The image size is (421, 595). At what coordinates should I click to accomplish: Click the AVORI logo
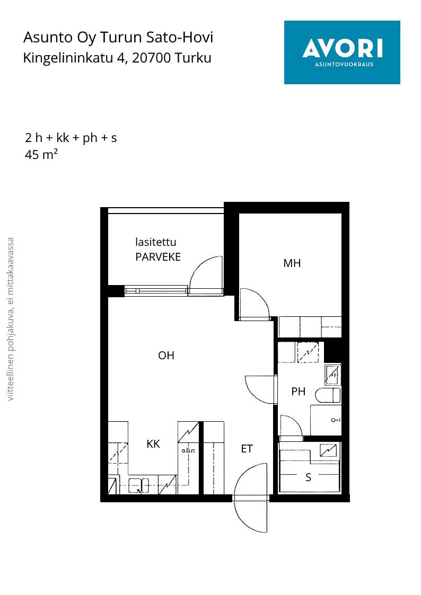pos(342,52)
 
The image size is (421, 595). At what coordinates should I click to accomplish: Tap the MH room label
pos(292,263)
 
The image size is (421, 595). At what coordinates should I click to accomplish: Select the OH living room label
pos(166,355)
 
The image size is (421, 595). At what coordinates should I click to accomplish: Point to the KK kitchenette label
pos(153,443)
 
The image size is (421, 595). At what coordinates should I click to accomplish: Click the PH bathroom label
pos(299,391)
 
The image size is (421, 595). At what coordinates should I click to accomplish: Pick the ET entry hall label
pos(247,449)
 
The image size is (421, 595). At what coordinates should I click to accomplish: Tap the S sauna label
pos(308,477)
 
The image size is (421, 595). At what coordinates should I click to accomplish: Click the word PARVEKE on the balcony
pos(158,257)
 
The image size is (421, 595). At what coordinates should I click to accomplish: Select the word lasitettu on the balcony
pos(156,242)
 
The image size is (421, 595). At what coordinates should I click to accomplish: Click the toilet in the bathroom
pos(328,395)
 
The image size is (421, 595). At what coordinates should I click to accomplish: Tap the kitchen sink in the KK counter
pos(138,485)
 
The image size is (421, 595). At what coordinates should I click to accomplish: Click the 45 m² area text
pos(41,154)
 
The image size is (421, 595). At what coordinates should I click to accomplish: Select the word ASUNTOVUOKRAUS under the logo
pos(344,65)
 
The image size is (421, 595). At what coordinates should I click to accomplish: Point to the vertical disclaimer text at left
pos(11,319)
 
